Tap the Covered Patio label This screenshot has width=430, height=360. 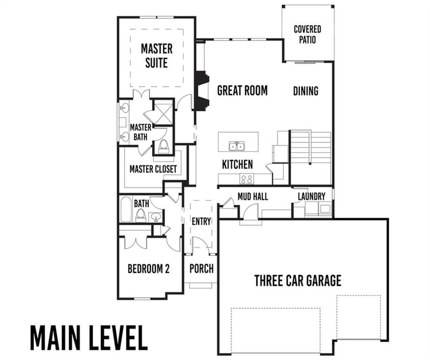307,34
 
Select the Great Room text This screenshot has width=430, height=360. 242,90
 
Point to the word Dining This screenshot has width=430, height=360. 305,91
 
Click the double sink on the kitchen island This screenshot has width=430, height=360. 237,146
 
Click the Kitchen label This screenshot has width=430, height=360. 238,164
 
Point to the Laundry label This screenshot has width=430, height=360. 312,196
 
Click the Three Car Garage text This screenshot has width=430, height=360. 297,280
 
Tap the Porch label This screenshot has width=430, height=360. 202,268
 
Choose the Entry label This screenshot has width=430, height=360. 201,221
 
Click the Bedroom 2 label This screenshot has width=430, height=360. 148,268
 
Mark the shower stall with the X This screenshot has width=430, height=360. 162,112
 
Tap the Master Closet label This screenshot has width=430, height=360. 153,169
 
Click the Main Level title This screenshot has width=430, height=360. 89,337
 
